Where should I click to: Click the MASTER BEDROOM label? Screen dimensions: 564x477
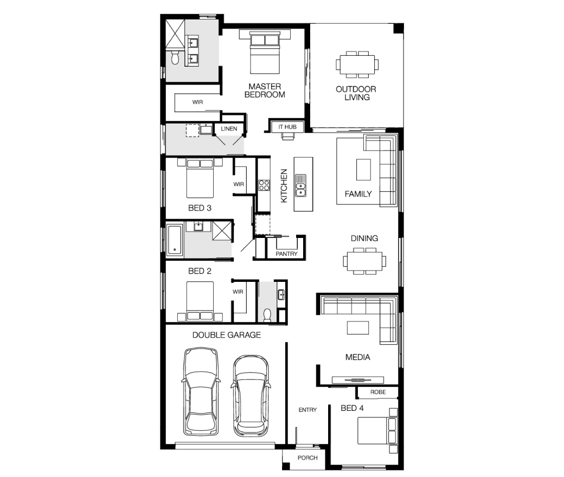[x=265, y=91]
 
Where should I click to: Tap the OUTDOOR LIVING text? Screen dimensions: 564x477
[x=356, y=93]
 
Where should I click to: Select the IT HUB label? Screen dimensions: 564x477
[x=287, y=127]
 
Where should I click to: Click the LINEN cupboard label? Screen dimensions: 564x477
[x=229, y=128]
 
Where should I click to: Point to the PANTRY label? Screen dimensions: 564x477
[x=287, y=254]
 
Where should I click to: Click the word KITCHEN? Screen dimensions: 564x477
[x=284, y=186]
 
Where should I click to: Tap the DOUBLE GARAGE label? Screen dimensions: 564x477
[x=227, y=335]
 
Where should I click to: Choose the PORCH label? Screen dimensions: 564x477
[x=307, y=457]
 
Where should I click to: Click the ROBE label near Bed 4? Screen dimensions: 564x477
[x=378, y=392]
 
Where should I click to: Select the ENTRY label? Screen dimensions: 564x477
[x=307, y=410]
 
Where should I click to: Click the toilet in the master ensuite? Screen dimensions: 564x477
[x=175, y=57]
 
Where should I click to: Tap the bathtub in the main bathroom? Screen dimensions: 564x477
[x=175, y=240]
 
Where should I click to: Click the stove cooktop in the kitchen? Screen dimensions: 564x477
[x=264, y=185]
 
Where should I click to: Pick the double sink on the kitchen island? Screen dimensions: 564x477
[x=300, y=185]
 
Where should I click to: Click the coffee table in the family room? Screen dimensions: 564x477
[x=363, y=170]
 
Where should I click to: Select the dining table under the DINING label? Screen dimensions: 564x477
[x=364, y=261]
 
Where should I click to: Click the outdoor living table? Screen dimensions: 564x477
[x=357, y=65]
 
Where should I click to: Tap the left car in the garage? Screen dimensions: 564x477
[x=201, y=391]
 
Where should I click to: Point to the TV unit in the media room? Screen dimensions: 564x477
[x=357, y=380]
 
